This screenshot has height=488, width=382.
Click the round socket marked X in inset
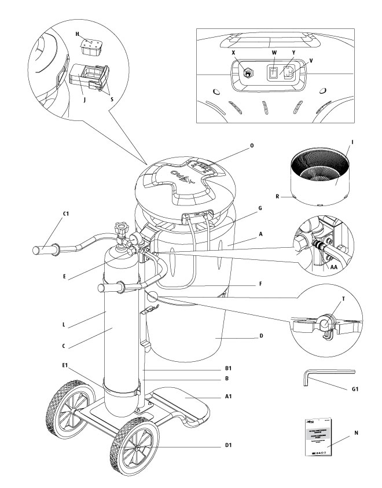(x=249, y=73)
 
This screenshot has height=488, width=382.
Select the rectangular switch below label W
(x=271, y=74)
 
